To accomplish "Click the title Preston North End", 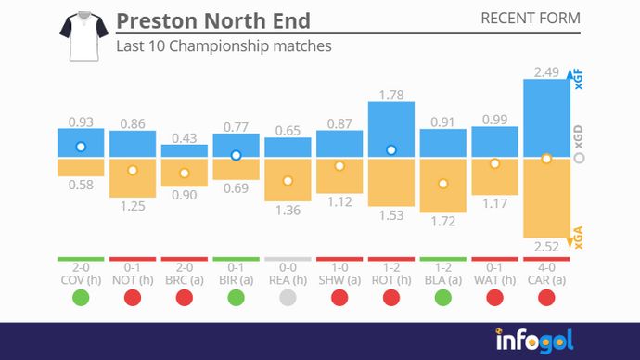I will pos(213,20).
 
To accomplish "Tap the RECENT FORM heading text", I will pos(531,19).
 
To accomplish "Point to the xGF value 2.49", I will pos(546,71).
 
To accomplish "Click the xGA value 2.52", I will pos(546,248).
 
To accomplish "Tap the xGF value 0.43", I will pos(185,137).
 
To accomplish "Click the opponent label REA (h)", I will pos(288,278).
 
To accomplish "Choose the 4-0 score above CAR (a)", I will pos(546,266).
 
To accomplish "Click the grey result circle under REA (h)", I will pos(288,298).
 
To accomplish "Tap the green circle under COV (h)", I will pos(81,298).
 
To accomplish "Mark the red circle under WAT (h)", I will pos(494,298).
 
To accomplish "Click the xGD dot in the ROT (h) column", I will pos(391,149).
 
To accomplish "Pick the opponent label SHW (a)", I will pos(339,278).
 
